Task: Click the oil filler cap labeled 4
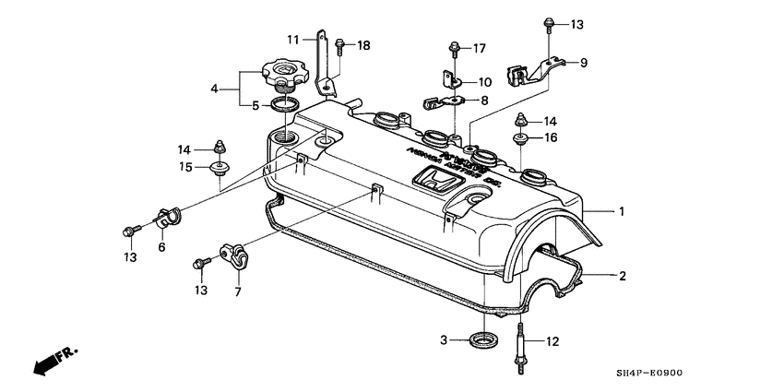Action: coord(283,71)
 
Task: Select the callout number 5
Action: coord(255,105)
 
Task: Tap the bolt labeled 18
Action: coord(340,44)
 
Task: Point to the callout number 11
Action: coord(292,40)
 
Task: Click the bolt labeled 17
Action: coord(455,49)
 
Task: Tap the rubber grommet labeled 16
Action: coord(522,141)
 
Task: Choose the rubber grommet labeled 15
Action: coord(220,168)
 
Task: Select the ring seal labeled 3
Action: coord(481,341)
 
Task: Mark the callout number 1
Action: coord(622,211)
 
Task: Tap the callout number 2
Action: coord(622,275)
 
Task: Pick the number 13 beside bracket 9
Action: coord(576,23)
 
